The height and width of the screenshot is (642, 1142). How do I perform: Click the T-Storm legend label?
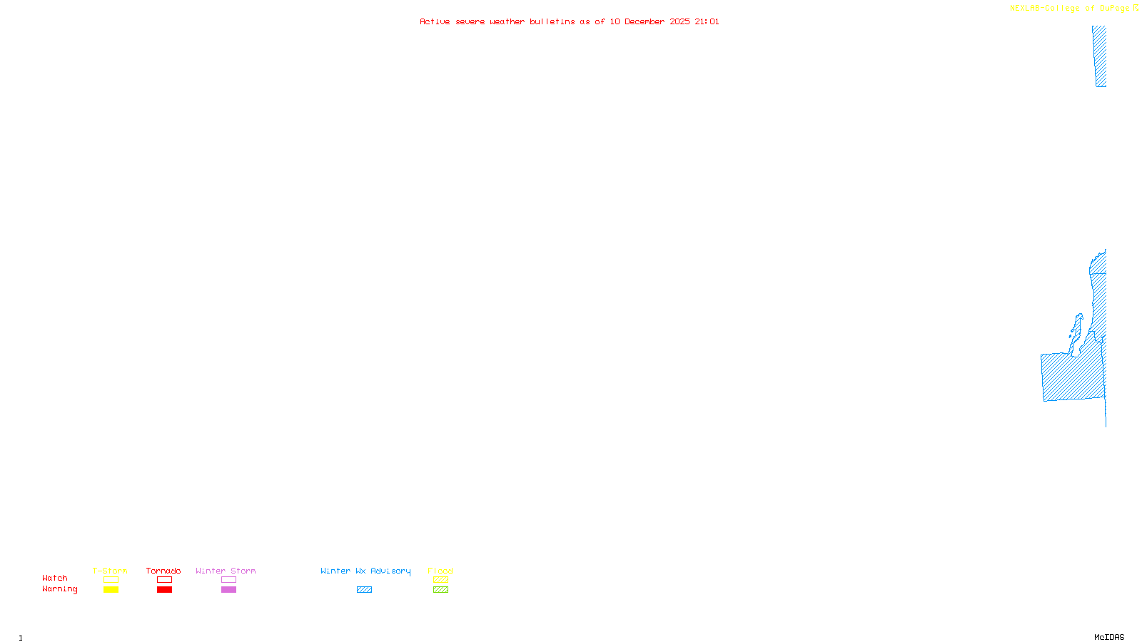[110, 571]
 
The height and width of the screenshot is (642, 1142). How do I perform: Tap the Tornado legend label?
[163, 571]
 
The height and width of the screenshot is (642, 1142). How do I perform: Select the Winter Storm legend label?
[226, 571]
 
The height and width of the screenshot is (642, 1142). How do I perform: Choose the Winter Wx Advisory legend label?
[365, 571]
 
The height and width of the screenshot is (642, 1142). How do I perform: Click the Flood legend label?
[440, 571]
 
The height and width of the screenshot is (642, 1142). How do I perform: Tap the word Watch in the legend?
[55, 578]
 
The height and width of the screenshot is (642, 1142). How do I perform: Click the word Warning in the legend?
[59, 589]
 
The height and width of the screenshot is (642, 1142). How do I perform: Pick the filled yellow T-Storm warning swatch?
[111, 590]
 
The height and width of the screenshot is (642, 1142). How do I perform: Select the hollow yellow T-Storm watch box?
[111, 580]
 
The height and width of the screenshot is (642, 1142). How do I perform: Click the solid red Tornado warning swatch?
[164, 590]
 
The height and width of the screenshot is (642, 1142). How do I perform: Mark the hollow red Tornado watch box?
[164, 580]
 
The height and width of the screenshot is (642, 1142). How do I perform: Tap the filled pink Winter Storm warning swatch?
[228, 590]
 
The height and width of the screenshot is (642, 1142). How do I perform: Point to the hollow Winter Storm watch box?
[228, 580]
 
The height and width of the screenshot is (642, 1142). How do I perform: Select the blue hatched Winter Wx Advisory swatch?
[364, 590]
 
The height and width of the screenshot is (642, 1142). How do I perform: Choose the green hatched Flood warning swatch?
[440, 590]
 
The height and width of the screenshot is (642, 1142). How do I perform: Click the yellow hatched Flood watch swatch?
[440, 580]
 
